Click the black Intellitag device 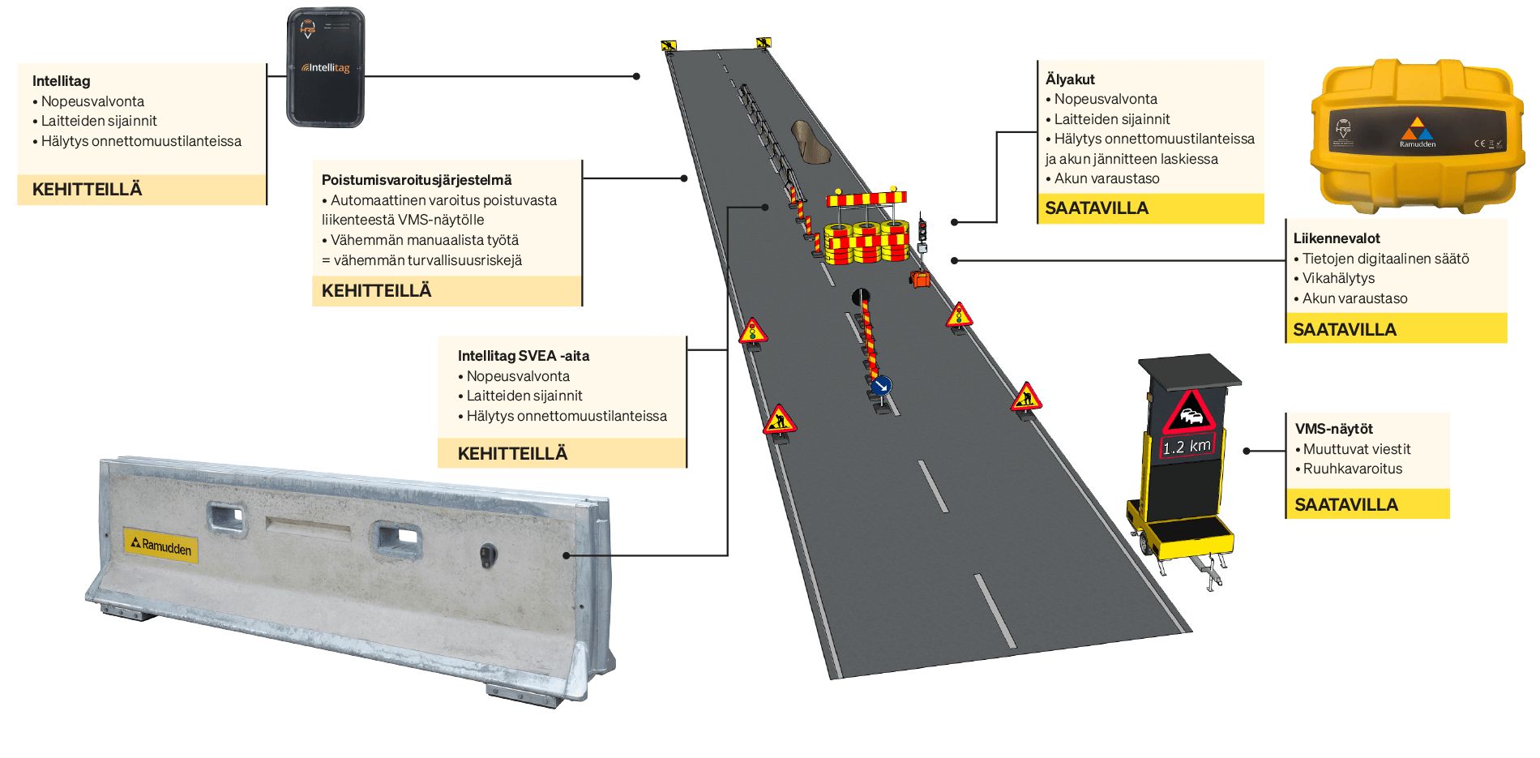[x=326, y=68]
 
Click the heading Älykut [x=1070, y=79]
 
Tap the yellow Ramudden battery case [x=1417, y=135]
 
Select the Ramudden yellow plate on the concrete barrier [x=161, y=544]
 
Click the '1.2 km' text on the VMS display [x=1187, y=446]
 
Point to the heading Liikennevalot [x=1337, y=238]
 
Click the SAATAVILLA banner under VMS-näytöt [x=1346, y=504]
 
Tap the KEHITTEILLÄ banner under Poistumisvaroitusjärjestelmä [x=377, y=290]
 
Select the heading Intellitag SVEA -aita [x=524, y=356]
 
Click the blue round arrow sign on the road [x=882, y=385]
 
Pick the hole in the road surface [x=810, y=141]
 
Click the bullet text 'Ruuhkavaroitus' [x=1353, y=469]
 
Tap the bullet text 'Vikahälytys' [x=1338, y=278]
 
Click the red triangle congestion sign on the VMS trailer [x=1189, y=413]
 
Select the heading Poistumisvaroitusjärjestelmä [x=417, y=180]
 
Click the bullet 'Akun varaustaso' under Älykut [x=1106, y=178]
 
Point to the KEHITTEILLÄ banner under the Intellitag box [x=87, y=189]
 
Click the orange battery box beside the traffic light [x=920, y=279]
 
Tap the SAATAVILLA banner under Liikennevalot [x=1345, y=329]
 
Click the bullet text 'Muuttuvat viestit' [x=1357, y=449]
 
